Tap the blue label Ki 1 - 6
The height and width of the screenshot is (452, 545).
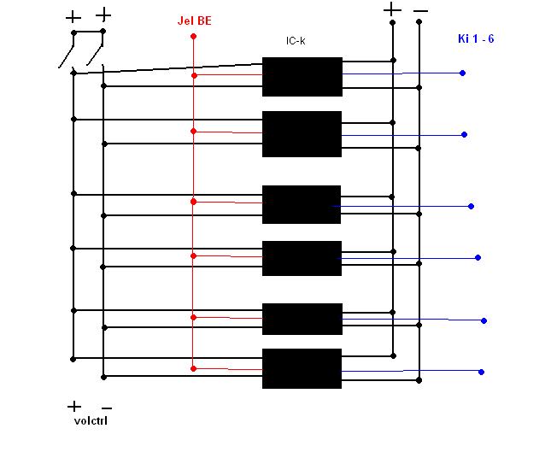475,39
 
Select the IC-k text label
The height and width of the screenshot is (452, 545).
296,41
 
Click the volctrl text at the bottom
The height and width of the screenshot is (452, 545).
89,420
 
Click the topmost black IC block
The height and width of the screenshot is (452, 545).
302,76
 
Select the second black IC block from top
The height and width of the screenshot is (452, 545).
302,134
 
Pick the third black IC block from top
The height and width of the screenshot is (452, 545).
302,204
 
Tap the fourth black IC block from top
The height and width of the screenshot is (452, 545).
302,258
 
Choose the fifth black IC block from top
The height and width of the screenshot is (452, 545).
302,319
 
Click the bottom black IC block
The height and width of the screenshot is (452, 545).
302,369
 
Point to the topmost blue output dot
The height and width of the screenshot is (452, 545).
462,73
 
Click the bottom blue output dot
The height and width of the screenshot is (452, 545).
482,372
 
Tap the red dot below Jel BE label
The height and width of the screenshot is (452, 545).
194,37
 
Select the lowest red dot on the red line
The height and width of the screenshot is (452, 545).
194,368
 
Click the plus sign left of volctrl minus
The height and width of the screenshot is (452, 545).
74,407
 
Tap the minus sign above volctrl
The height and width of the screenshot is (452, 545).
107,408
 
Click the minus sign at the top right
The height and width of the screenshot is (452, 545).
420,12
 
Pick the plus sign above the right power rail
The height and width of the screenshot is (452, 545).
391,10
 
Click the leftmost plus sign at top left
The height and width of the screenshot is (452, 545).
73,16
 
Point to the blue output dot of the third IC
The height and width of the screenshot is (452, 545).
471,206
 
